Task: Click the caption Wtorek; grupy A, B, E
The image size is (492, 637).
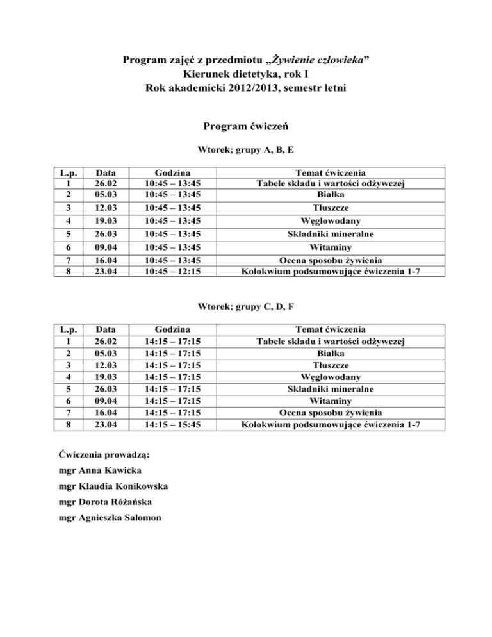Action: (245, 151)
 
